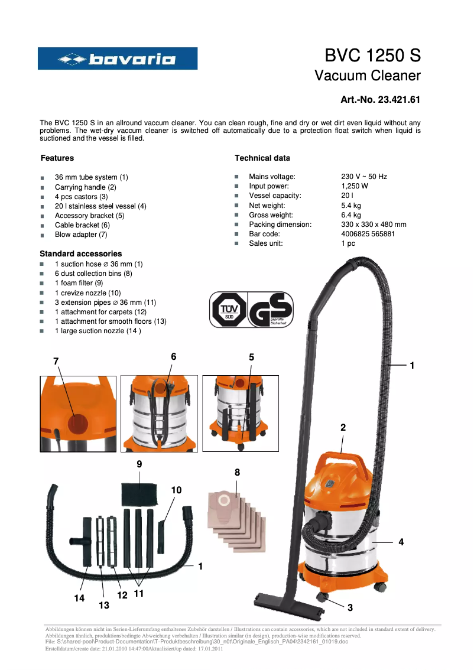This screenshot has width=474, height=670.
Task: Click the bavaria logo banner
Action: pyautogui.click(x=118, y=58)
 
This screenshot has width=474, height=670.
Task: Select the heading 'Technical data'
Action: pyautogui.click(x=262, y=158)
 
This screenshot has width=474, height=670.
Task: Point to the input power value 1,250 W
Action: pyautogui.click(x=355, y=186)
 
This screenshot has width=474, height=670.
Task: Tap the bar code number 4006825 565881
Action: pyautogui.click(x=368, y=234)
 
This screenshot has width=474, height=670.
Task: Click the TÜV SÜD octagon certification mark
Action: pyautogui.click(x=228, y=310)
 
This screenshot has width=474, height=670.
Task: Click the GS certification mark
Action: pyautogui.click(x=270, y=310)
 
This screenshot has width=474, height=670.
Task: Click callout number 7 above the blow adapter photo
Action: pyautogui.click(x=56, y=361)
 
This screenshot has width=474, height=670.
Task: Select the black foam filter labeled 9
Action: pyautogui.click(x=140, y=493)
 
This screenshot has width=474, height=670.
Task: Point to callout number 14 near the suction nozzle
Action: pyautogui.click(x=79, y=598)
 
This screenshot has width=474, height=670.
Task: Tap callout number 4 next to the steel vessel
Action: pyautogui.click(x=401, y=542)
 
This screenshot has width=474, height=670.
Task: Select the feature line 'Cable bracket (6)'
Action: pyautogui.click(x=82, y=225)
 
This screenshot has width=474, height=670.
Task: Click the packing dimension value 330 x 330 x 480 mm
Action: pyautogui.click(x=374, y=225)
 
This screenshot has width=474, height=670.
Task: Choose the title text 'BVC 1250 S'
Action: pyautogui.click(x=372, y=56)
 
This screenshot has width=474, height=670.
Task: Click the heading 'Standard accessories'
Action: pyautogui.click(x=81, y=253)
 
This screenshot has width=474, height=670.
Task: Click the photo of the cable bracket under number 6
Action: pyautogui.click(x=160, y=414)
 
